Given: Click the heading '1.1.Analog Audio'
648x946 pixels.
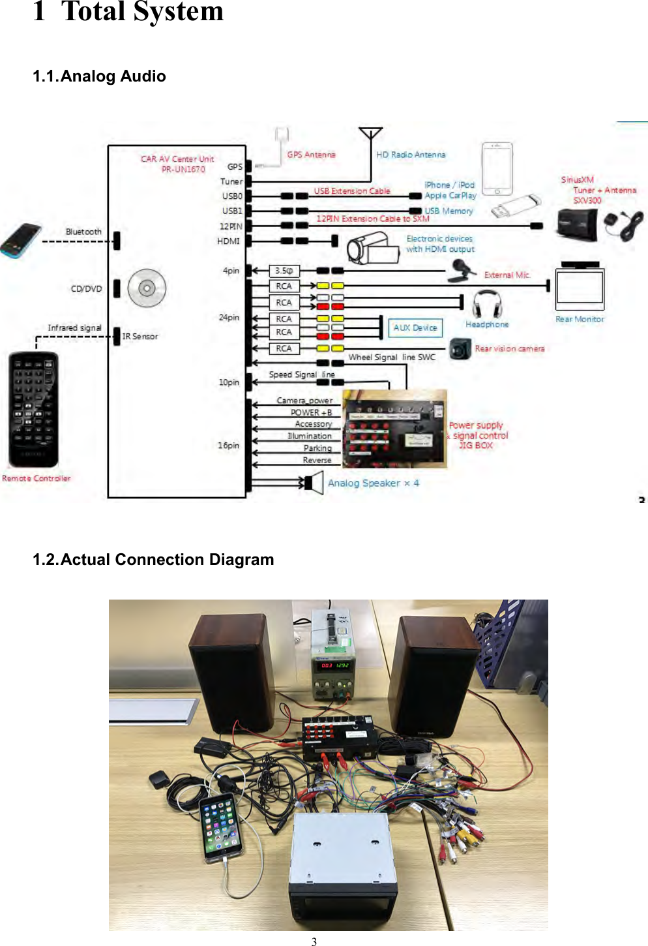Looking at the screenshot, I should (99, 76).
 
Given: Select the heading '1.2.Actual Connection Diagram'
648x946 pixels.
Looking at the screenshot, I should (153, 560).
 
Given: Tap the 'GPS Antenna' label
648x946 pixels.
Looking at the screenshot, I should (311, 155).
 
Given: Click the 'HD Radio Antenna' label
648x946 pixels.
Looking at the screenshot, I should (411, 155).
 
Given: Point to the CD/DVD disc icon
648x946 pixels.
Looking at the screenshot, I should (147, 288).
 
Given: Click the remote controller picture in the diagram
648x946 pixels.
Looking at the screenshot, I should (33, 409).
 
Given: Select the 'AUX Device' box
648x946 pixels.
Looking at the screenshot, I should (415, 328).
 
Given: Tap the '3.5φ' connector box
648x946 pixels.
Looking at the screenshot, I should (284, 271).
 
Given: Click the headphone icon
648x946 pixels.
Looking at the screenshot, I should (487, 303).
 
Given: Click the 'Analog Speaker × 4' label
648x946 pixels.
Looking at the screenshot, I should (373, 483).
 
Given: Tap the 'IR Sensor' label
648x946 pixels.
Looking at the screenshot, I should (140, 337).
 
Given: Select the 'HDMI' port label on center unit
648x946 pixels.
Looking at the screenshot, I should (228, 241).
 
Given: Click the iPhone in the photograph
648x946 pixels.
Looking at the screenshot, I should (220, 828).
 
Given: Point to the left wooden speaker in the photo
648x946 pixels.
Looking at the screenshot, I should (231, 672).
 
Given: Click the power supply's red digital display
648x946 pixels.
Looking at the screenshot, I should (334, 665).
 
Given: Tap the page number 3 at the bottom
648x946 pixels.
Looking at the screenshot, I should (314, 941).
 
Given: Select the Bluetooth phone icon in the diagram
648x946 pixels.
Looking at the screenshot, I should (20, 240).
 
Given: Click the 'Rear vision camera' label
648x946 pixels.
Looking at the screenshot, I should (509, 348).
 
